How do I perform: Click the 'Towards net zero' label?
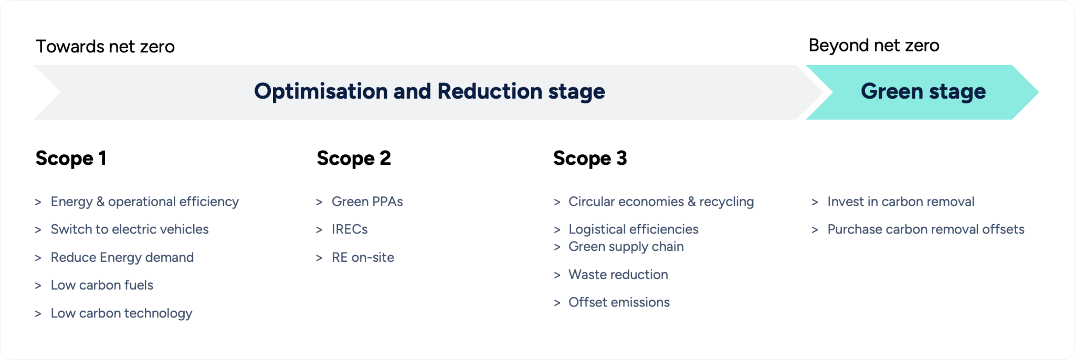tap(105, 47)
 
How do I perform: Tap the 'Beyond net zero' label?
tap(873, 46)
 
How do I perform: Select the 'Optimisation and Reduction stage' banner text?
tap(429, 91)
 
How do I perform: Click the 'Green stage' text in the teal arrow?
tap(923, 91)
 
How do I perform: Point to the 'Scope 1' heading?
tap(71, 158)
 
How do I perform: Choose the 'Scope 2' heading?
tap(354, 158)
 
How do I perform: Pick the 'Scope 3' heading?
tap(590, 158)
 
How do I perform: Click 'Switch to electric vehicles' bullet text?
tap(129, 229)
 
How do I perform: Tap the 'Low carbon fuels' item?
tap(102, 285)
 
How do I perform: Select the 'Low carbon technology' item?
tap(121, 313)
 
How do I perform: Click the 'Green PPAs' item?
tap(367, 202)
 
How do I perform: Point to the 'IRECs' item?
tap(350, 229)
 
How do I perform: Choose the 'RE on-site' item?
tap(363, 257)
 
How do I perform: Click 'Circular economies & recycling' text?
tap(661, 202)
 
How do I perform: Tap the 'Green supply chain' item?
tap(626, 247)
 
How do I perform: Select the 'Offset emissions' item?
tap(619, 302)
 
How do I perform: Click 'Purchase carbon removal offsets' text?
tap(925, 229)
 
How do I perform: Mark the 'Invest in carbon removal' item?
tap(900, 202)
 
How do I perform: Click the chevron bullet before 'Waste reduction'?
tap(557, 276)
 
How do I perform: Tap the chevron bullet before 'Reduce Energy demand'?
tap(38, 258)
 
